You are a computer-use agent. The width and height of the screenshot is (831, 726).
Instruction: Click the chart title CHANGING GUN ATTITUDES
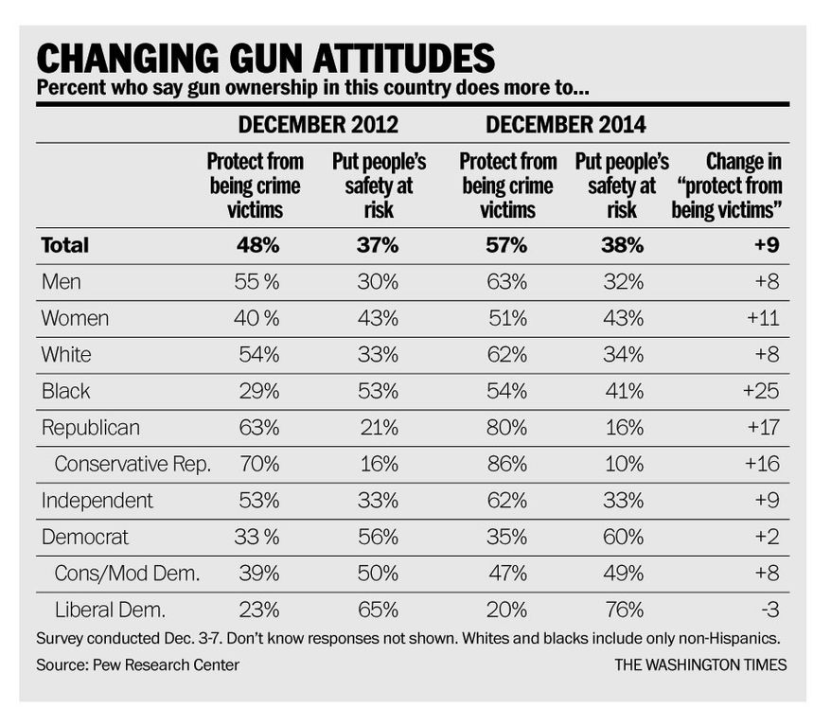(x=266, y=58)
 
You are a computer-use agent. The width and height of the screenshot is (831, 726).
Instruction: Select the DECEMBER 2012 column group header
(x=318, y=125)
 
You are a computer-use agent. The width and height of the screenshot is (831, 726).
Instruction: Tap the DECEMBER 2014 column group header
(x=565, y=125)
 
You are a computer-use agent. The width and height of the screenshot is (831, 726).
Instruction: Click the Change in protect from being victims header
(x=727, y=186)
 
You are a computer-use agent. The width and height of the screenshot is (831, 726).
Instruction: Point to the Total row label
(x=65, y=245)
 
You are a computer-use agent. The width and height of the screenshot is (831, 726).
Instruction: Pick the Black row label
(x=65, y=391)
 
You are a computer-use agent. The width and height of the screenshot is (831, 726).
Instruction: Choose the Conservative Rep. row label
(x=133, y=464)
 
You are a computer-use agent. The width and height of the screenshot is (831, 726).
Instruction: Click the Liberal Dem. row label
(x=110, y=610)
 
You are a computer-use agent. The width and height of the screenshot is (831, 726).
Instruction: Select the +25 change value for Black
(x=761, y=391)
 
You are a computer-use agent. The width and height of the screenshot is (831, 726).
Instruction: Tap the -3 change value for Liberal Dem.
(x=770, y=610)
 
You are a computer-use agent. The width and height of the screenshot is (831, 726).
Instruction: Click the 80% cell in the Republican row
(x=506, y=428)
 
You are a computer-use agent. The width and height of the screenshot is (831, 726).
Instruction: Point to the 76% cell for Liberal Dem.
(x=624, y=610)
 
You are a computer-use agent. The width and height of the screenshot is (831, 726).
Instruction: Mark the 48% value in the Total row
(x=258, y=245)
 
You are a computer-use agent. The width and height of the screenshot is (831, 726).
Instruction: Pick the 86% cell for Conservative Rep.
(x=507, y=464)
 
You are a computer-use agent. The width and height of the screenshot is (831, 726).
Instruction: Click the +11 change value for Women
(x=763, y=318)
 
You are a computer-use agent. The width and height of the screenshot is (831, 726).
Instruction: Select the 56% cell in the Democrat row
(x=378, y=538)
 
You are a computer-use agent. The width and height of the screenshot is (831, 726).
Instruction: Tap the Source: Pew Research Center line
(x=138, y=665)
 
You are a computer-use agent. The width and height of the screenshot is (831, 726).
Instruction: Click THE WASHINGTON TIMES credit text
(x=700, y=665)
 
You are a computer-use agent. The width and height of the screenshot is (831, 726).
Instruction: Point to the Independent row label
(x=97, y=501)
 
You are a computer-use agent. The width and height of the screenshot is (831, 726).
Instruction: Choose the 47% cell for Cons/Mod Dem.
(x=507, y=574)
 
